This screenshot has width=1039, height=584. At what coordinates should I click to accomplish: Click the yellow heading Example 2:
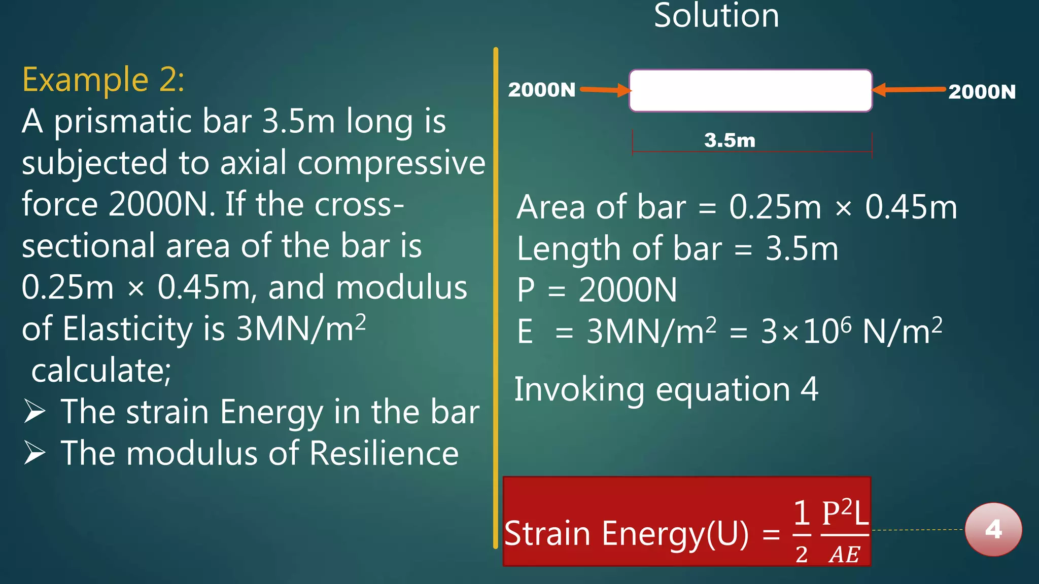tap(103, 80)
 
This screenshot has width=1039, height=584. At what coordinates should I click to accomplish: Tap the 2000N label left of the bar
tap(542, 90)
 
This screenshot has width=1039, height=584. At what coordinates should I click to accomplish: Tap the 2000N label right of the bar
tap(982, 92)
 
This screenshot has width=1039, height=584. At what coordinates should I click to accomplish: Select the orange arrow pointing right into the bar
tap(605, 90)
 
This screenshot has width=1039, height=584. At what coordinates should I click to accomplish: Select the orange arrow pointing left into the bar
tap(909, 90)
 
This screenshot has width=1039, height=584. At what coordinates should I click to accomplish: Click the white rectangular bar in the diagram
tap(750, 90)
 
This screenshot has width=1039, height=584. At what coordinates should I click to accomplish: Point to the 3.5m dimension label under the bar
tap(730, 140)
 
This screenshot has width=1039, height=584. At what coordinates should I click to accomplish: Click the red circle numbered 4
tap(993, 529)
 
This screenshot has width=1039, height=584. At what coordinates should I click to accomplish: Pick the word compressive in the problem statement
tap(391, 163)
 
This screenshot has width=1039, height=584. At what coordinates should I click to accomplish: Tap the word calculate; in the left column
tap(101, 370)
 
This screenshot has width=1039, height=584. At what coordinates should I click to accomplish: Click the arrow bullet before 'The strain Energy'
tap(35, 411)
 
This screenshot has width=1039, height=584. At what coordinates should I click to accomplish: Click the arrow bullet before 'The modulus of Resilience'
tap(35, 453)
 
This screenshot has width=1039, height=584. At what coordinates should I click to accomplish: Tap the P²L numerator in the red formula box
tap(845, 514)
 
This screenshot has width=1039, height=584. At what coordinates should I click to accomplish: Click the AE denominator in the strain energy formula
tap(844, 555)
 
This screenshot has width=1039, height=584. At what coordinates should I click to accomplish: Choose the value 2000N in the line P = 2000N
tap(628, 290)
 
